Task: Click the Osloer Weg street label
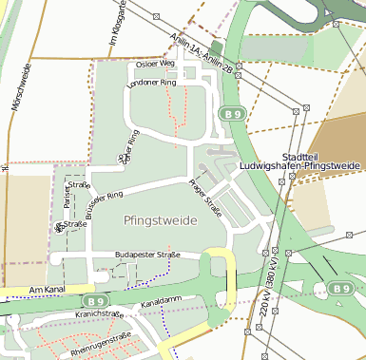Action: click(156, 64)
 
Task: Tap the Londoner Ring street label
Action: click(152, 84)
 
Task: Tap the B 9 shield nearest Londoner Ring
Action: click(234, 113)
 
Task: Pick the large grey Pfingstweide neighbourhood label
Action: click(161, 220)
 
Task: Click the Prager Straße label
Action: click(204, 198)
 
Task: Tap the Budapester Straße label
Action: click(147, 256)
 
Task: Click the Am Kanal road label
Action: click(46, 289)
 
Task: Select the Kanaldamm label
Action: click(160, 302)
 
